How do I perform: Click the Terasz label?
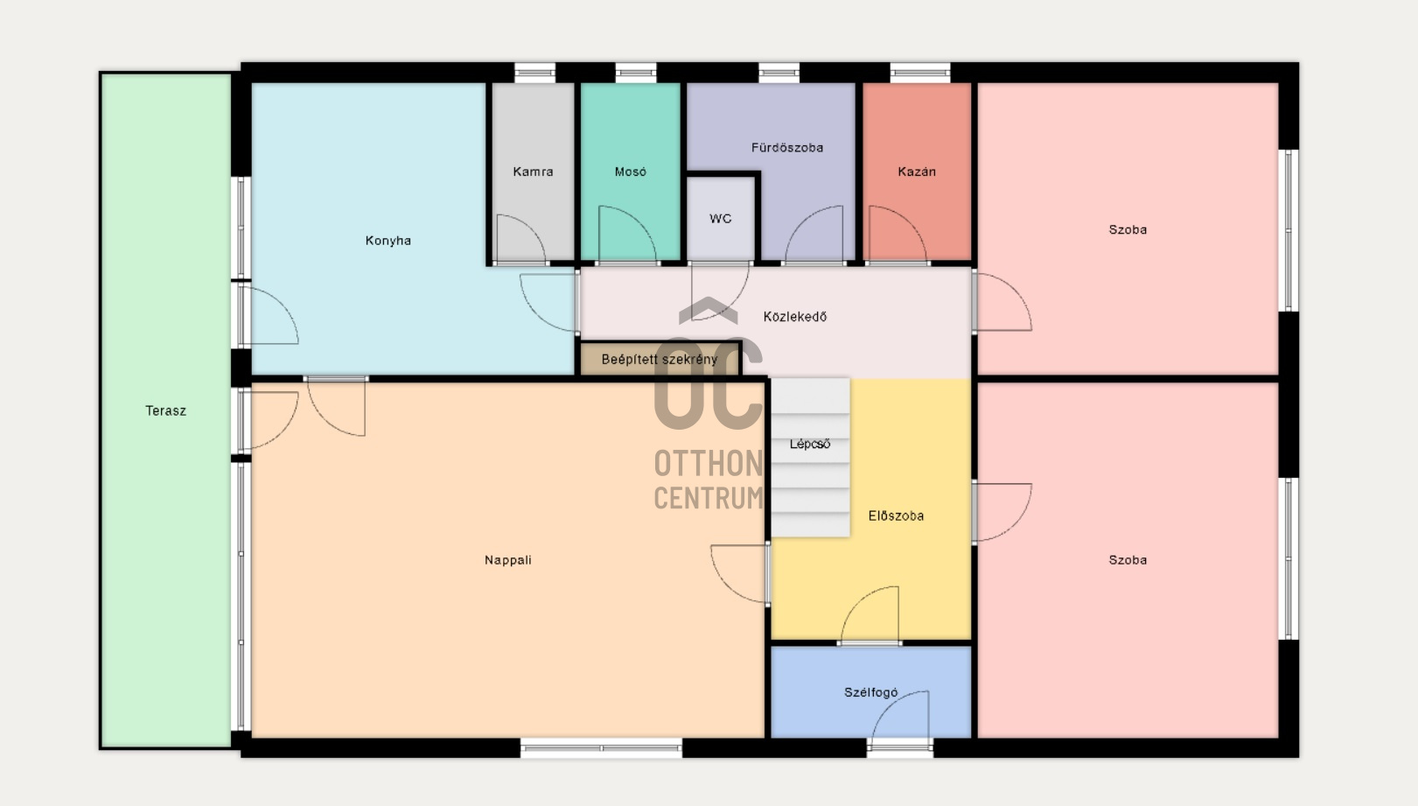click(166, 411)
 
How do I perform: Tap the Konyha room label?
click(388, 241)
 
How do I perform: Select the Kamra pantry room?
click(533, 172)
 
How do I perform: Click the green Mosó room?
click(631, 172)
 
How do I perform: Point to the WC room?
click(721, 219)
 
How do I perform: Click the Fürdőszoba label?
click(787, 148)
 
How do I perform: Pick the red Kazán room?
click(917, 172)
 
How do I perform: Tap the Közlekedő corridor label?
click(795, 317)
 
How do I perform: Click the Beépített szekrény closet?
click(660, 359)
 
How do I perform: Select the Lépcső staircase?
click(810, 458)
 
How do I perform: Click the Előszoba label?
click(896, 516)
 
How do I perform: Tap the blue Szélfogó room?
click(870, 692)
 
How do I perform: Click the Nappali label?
click(507, 560)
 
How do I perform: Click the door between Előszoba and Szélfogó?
click(870, 615)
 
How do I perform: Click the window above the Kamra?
click(534, 73)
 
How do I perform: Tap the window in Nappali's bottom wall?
click(601, 747)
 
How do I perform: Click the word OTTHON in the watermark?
click(709, 464)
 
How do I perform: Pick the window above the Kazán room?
click(920, 73)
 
